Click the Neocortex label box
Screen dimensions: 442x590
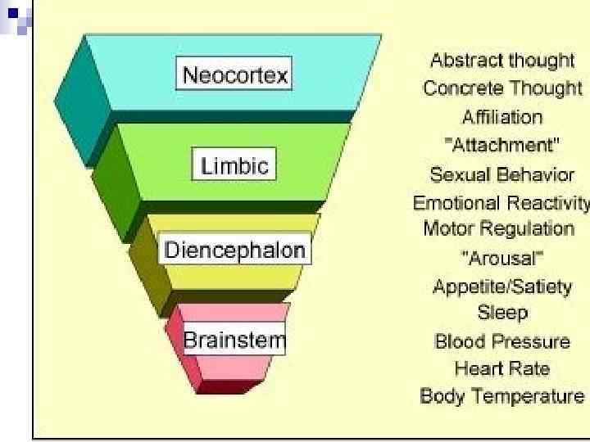[x=235, y=76]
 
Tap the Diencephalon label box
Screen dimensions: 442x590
[x=235, y=250]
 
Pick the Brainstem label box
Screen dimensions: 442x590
[x=234, y=338]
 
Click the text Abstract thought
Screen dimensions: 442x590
[x=502, y=61]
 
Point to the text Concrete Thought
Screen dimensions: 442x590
[x=502, y=88]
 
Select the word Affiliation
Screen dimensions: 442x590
[x=502, y=117]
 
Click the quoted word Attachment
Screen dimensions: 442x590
[x=502, y=146]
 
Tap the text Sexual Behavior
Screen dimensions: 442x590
[x=502, y=175]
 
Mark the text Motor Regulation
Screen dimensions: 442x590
[x=502, y=228]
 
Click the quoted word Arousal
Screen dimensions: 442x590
[x=502, y=259]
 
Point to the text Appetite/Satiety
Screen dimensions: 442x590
[x=502, y=287]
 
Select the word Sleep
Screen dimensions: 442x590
[x=502, y=313]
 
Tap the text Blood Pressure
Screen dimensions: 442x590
[x=502, y=341]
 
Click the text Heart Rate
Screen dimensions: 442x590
[x=502, y=369]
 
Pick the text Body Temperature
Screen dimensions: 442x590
[x=502, y=397]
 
